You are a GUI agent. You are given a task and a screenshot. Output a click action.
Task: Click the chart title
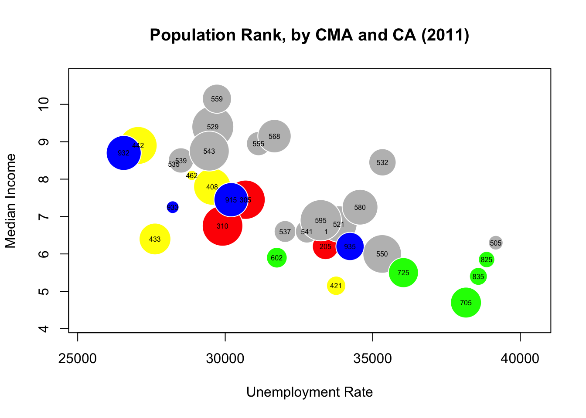coord(309,35)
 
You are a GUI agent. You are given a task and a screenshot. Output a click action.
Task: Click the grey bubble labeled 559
coord(217,99)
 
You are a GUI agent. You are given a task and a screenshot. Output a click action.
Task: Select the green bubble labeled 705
coord(466,303)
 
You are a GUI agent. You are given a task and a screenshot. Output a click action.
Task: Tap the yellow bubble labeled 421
coord(336,286)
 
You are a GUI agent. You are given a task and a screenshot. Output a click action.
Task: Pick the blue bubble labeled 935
coord(350,246)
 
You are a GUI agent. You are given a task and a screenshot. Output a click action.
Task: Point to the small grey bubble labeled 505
coord(495,243)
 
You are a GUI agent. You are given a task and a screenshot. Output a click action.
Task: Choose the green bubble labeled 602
coord(276,258)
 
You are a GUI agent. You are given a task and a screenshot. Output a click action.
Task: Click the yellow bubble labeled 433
coord(155,239)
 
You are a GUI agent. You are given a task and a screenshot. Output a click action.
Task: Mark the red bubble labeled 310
coord(222,226)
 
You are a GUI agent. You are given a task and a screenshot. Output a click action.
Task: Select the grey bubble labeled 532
coord(382,162)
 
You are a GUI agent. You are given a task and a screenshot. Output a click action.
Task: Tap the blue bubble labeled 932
coord(123,153)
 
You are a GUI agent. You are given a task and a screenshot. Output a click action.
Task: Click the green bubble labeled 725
coord(403,273)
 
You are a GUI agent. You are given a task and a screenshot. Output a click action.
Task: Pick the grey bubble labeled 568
coord(274,136)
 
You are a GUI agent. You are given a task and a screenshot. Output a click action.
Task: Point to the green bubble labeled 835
coord(478,276)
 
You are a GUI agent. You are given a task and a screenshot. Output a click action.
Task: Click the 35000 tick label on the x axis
coord(372,359)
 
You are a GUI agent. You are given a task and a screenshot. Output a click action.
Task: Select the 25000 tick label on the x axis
coord(78,359)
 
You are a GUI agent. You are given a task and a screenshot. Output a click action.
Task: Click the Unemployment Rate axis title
coord(309,392)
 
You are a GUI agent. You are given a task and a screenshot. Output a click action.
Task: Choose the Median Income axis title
coord(11,201)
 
